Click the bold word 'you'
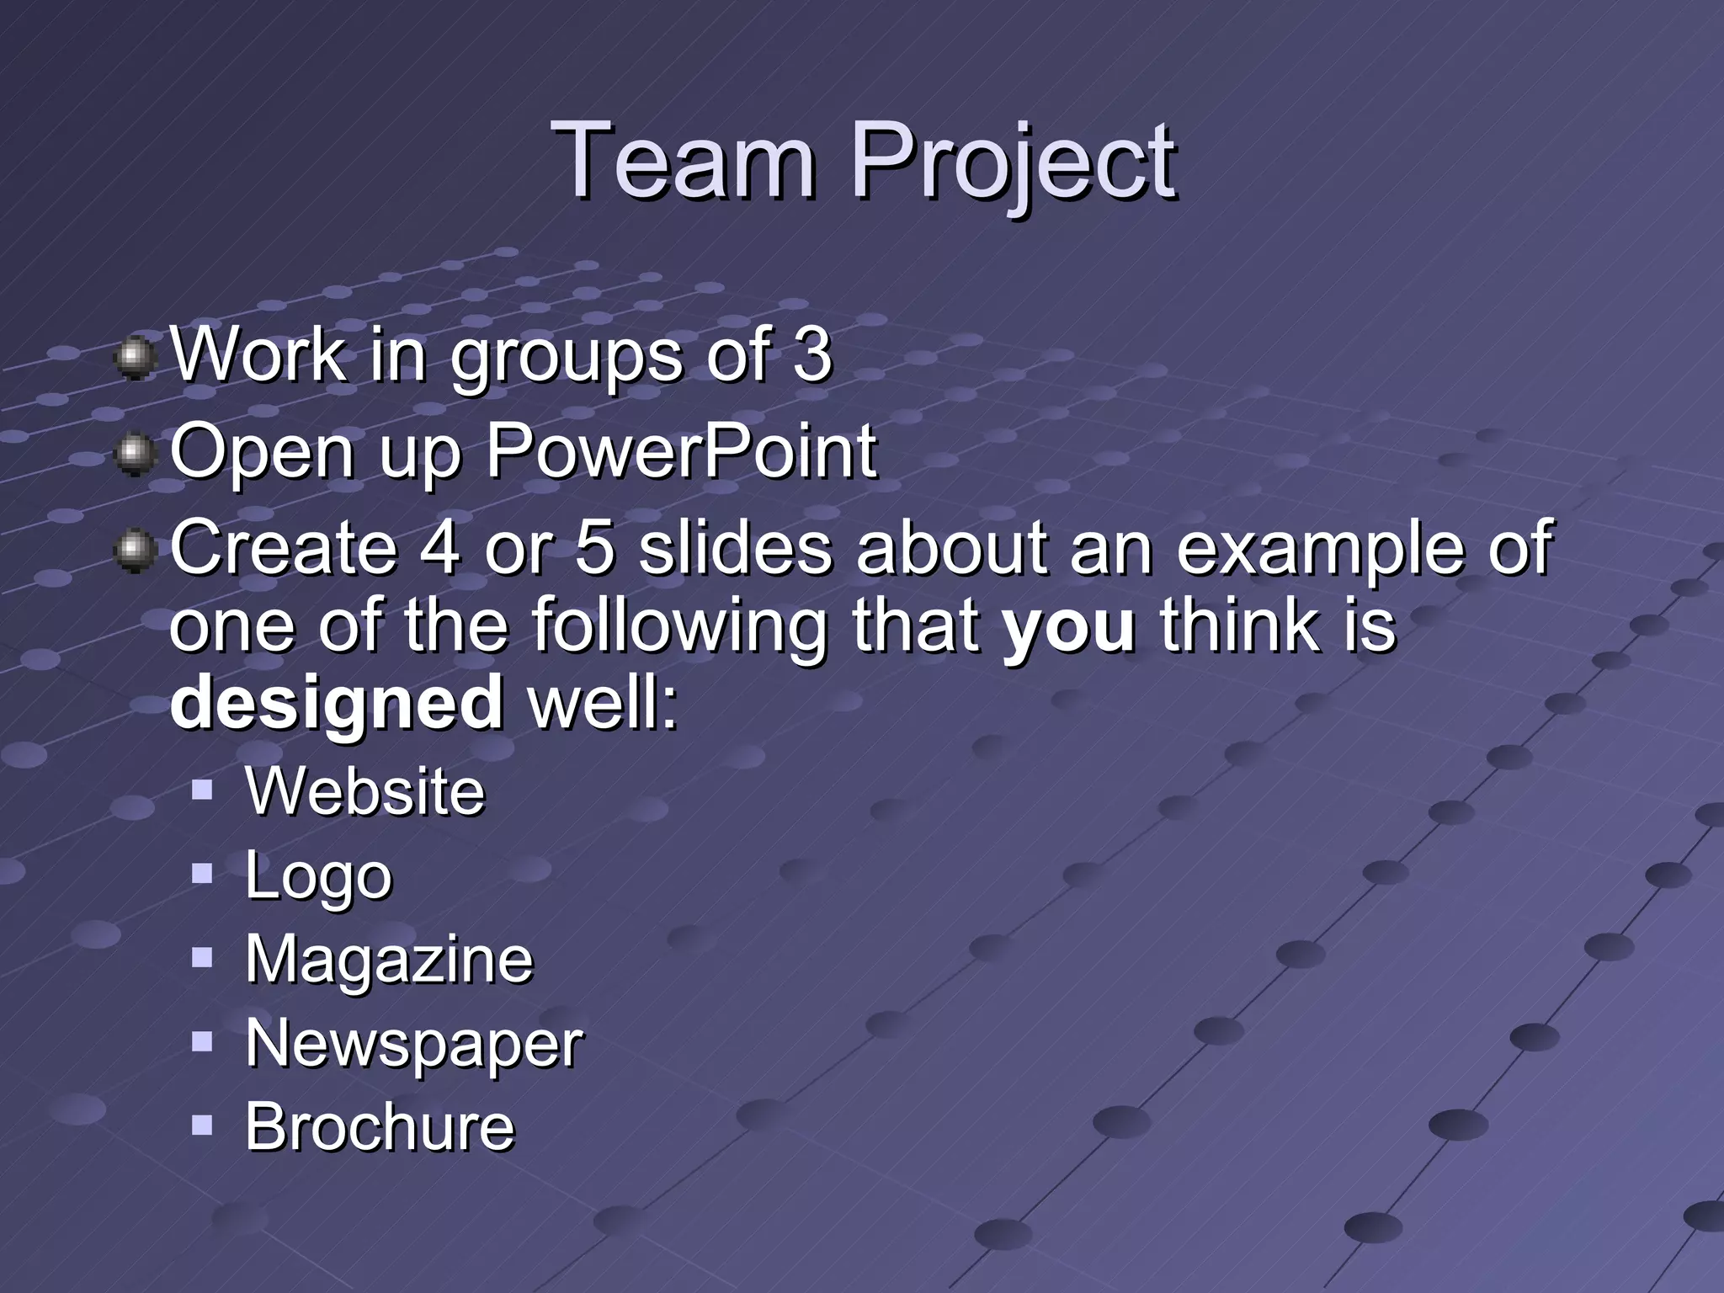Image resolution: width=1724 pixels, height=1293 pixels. tap(1069, 626)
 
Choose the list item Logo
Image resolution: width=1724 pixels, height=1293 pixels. tap(318, 876)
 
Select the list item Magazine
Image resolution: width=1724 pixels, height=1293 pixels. tap(389, 960)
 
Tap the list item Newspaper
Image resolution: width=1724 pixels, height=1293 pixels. tap(414, 1044)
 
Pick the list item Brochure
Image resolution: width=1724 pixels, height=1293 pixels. tap(380, 1126)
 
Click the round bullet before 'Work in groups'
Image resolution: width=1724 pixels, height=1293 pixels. tap(134, 358)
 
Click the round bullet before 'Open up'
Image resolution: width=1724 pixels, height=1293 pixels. tap(134, 455)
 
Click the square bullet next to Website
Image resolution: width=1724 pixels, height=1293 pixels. tap(202, 789)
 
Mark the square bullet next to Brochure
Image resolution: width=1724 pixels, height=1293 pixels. tap(202, 1125)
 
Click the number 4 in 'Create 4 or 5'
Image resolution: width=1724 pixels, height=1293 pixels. tap(439, 547)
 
